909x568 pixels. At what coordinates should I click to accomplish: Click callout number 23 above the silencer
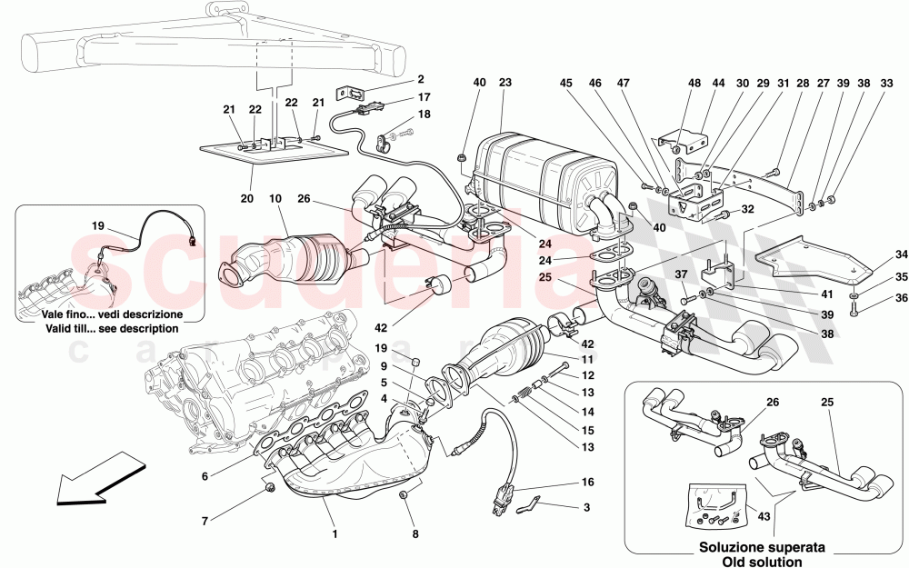pyautogui.click(x=505, y=83)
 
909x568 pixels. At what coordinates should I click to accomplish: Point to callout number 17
pyautogui.click(x=425, y=97)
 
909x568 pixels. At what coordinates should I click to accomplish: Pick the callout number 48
pyautogui.click(x=694, y=83)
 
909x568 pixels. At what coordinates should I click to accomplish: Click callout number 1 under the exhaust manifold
pyautogui.click(x=335, y=534)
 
